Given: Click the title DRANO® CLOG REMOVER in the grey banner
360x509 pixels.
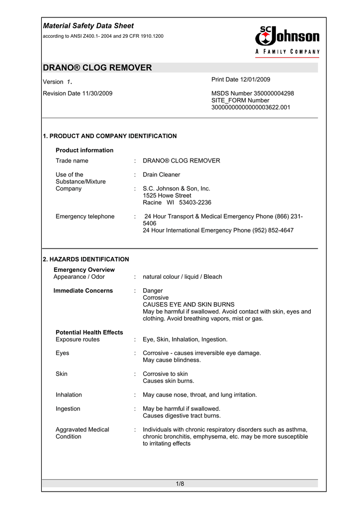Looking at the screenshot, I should click(x=97, y=68).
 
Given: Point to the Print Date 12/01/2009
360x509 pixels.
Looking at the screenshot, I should click(x=241, y=80).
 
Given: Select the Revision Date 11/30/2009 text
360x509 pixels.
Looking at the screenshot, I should click(x=78, y=93).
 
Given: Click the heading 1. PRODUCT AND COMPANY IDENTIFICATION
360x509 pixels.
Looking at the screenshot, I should click(x=110, y=136).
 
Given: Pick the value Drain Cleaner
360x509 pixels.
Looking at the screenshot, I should click(x=161, y=174).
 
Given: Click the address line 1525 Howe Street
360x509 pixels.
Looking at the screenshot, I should click(x=167, y=196).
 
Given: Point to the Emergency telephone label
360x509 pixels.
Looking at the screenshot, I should click(x=85, y=216).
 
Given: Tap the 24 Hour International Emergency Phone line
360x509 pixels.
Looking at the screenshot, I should click(x=218, y=230).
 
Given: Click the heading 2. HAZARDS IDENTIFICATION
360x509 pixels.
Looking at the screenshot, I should click(x=86, y=259).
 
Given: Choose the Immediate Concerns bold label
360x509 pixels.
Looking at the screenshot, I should click(x=83, y=290).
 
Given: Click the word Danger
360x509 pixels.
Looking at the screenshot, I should click(x=153, y=290).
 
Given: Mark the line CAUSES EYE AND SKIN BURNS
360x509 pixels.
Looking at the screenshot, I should click(x=188, y=304).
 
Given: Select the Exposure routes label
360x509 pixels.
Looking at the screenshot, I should click(x=78, y=339).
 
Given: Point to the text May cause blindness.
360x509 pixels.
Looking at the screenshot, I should click(x=172, y=360).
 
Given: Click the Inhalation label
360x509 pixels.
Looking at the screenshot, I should click(x=69, y=395).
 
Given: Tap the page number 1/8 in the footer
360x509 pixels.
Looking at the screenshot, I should click(x=180, y=484).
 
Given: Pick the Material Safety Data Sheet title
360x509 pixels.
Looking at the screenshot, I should click(x=89, y=26).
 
